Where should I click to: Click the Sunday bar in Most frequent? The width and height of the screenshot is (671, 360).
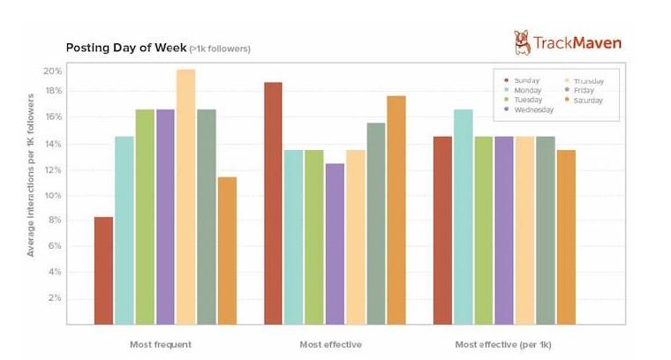coord(103,270)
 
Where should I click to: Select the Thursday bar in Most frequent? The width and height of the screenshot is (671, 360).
coord(185,197)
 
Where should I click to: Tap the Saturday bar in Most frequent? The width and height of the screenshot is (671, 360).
coord(227,251)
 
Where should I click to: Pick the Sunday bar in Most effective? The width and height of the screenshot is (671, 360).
coord(273,203)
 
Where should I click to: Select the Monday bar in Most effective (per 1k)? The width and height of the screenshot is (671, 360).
coord(464,216)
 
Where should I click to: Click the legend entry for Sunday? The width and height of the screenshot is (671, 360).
coord(526,80)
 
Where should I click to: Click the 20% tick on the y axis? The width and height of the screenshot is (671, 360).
coord(53,71)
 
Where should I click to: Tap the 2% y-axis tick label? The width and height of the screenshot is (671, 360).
coord(56,298)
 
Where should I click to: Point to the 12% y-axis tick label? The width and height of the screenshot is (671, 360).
coord(53,170)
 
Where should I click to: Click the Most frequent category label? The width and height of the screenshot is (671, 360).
coord(160,343)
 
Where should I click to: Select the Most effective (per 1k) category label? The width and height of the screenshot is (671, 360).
coord(503,343)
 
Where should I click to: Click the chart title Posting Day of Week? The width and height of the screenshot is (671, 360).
coord(126,48)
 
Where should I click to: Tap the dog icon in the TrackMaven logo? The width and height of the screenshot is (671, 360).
coord(523,41)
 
